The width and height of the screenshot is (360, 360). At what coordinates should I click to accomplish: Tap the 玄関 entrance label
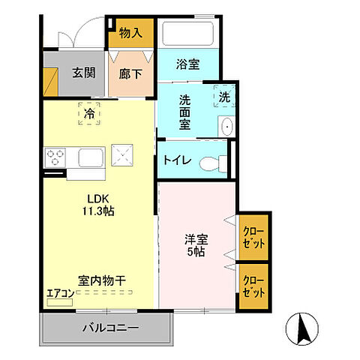82,73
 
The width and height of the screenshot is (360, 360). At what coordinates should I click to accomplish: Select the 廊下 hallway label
130,73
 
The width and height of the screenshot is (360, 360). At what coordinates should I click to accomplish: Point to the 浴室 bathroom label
187,65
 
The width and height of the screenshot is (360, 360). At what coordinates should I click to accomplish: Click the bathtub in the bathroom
188,34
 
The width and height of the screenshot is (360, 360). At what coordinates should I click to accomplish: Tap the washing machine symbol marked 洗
224,96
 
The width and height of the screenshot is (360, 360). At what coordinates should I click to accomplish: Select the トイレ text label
179,160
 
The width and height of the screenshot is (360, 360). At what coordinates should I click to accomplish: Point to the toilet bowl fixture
218,161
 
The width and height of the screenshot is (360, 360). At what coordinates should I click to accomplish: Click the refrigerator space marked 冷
90,114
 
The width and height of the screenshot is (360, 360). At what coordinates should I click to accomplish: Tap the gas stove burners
56,158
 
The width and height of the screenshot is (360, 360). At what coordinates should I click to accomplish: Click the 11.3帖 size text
100,211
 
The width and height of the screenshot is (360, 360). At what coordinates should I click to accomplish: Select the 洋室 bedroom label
197,241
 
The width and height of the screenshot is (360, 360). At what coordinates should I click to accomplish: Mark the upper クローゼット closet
254,237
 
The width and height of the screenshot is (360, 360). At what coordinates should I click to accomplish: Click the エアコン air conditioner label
59,292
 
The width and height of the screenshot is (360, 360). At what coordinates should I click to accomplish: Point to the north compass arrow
304,328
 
